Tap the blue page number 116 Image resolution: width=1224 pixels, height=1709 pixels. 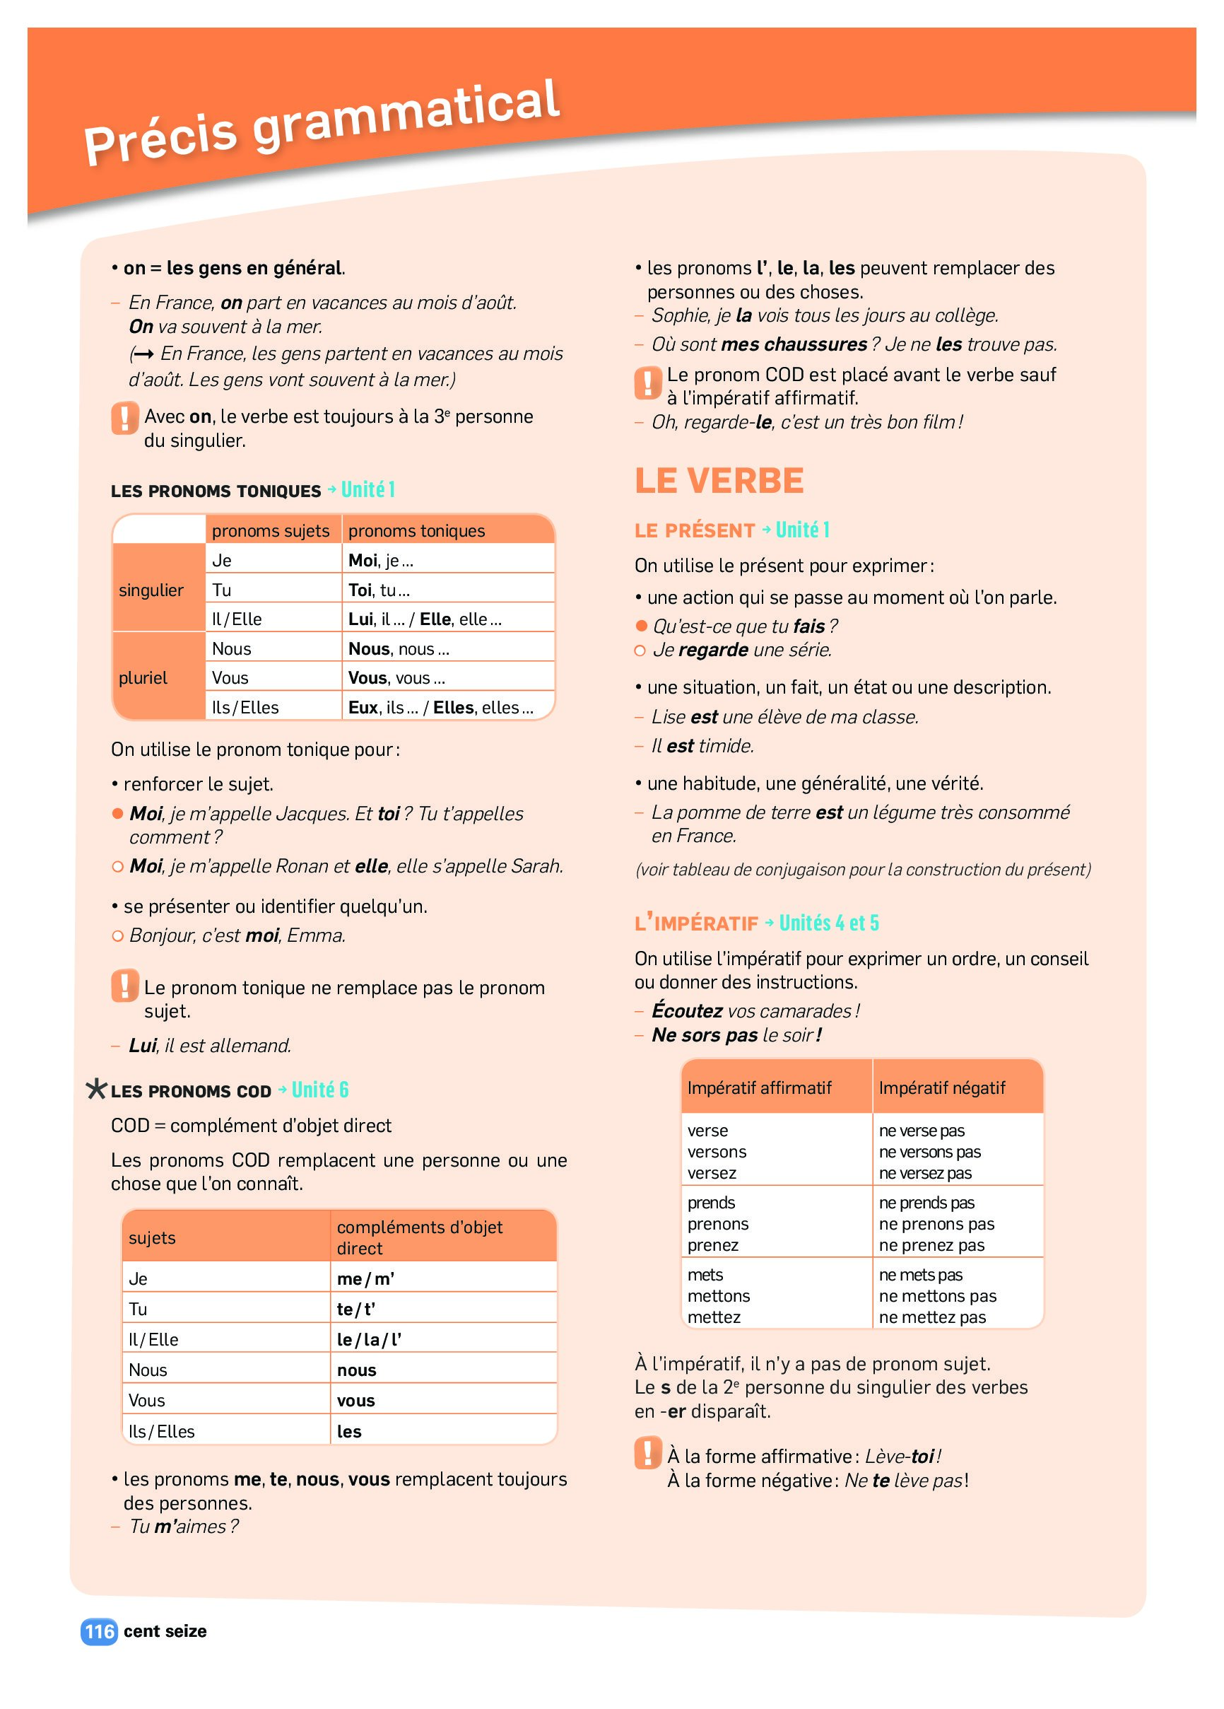(100, 1631)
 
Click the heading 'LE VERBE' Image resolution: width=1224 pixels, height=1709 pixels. (719, 481)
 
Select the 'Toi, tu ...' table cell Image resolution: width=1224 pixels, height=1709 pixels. (379, 589)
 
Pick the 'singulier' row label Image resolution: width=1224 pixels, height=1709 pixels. (151, 590)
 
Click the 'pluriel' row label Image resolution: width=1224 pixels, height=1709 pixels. (143, 677)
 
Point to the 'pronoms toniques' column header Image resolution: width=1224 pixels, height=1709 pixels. (416, 530)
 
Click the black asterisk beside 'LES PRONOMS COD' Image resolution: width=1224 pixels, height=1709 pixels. (96, 1090)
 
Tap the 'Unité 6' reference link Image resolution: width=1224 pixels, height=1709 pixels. (320, 1090)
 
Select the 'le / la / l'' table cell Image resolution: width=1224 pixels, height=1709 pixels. (369, 1339)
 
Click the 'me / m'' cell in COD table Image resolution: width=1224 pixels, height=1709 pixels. (365, 1278)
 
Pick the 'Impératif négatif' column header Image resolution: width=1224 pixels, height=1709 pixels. (941, 1087)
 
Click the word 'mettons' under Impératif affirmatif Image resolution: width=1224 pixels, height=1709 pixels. (719, 1295)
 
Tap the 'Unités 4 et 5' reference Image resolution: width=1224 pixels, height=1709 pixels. (828, 922)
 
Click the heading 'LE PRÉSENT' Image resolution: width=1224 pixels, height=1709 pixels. (695, 530)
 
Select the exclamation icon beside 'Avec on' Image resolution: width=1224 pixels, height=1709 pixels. (125, 417)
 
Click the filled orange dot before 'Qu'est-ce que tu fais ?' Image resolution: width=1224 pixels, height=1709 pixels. (642, 626)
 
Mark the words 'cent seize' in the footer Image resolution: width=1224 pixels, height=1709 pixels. (165, 1631)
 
